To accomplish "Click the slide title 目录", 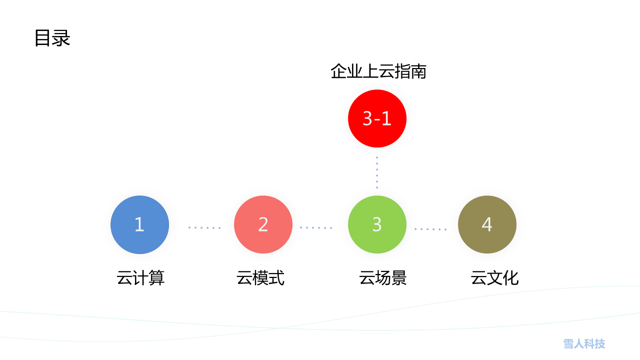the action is [x=52, y=37].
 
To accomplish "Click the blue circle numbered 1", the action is [x=139, y=224].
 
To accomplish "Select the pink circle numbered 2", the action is [x=263, y=224].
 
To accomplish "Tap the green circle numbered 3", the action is [x=377, y=224].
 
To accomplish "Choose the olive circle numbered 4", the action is [x=487, y=224].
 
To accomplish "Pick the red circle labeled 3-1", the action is [x=377, y=118].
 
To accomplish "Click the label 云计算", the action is [x=140, y=277].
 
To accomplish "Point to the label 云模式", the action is [x=260, y=277].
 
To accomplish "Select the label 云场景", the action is [x=383, y=277].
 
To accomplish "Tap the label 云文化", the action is [x=494, y=277].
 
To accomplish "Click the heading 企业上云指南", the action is [x=378, y=71].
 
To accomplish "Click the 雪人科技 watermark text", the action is [x=584, y=343].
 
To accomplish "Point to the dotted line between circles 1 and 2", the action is [x=204, y=227].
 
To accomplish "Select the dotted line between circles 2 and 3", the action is [x=316, y=227].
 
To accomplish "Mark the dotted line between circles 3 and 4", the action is [x=430, y=229].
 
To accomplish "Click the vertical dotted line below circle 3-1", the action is [x=377, y=172].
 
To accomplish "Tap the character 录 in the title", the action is [x=61, y=37].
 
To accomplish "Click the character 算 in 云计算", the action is [x=157, y=277].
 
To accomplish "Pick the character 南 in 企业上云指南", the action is [x=418, y=71].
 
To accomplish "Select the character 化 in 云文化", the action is [x=510, y=277].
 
